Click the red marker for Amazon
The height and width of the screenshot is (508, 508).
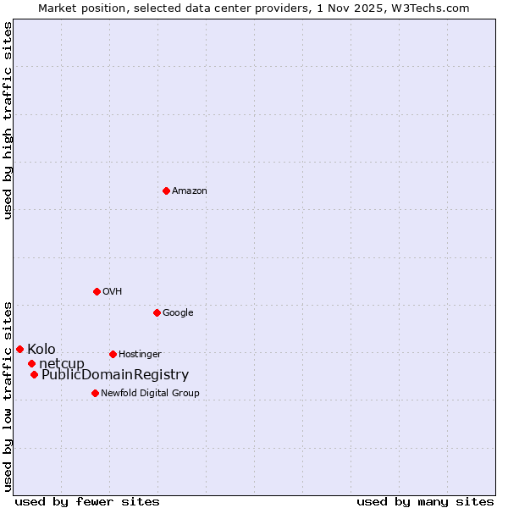click(x=166, y=190)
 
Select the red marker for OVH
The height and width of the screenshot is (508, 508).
click(x=97, y=291)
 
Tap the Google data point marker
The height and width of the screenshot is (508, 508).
click(x=157, y=312)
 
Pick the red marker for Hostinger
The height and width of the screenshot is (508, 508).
click(x=113, y=354)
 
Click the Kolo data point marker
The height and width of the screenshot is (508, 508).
click(x=19, y=349)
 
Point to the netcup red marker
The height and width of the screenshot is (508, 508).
click(x=31, y=363)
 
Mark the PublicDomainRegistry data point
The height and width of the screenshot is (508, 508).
click(x=34, y=374)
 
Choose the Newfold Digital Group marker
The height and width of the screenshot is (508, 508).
click(x=95, y=393)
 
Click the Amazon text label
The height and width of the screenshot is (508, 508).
click(x=190, y=190)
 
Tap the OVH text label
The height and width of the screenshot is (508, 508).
click(x=113, y=291)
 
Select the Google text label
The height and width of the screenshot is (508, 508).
click(x=178, y=312)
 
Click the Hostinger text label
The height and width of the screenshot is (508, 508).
click(x=140, y=354)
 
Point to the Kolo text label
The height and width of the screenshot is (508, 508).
click(x=41, y=349)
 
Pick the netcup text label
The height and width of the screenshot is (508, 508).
click(x=62, y=364)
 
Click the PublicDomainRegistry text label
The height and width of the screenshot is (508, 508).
click(x=115, y=375)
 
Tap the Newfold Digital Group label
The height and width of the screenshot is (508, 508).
click(x=150, y=393)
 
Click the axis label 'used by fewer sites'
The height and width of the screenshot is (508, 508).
click(x=87, y=501)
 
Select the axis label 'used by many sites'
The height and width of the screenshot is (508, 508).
click(x=425, y=501)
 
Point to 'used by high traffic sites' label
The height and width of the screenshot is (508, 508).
click(x=8, y=120)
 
